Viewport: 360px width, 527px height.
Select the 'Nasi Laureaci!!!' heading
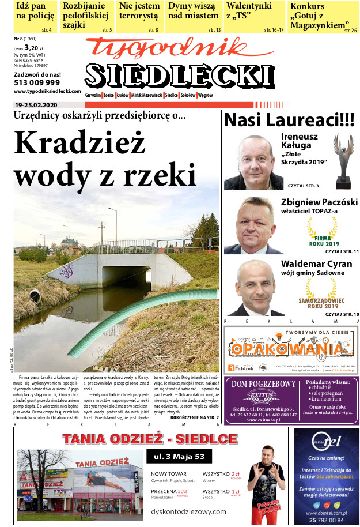[x=289, y=121]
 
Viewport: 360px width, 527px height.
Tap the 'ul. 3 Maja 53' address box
[x=176, y=457]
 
